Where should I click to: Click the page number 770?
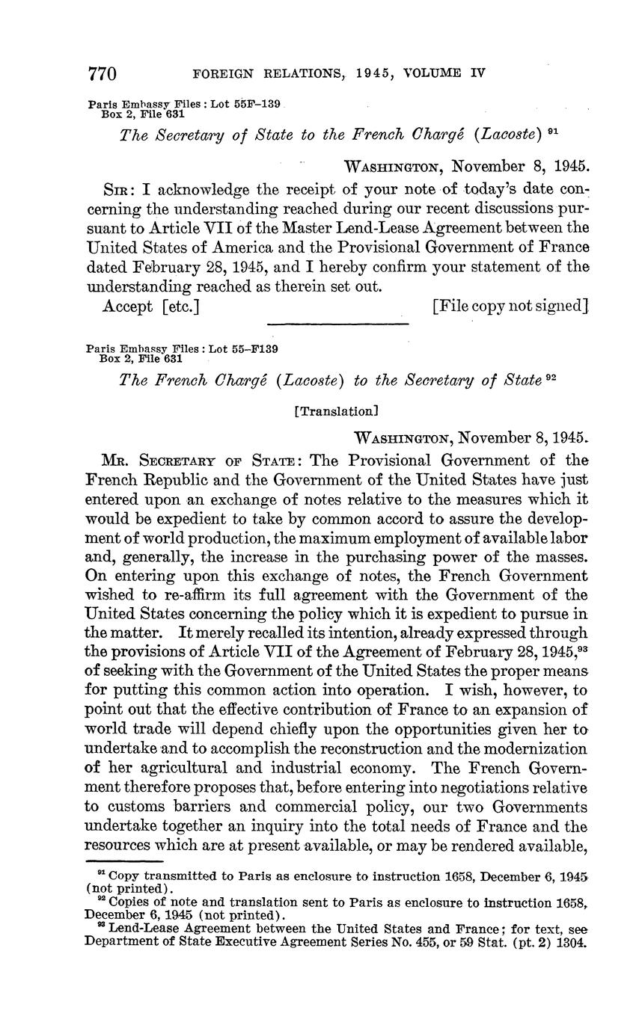103,74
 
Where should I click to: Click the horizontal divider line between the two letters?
337,324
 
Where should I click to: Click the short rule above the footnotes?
120,862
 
